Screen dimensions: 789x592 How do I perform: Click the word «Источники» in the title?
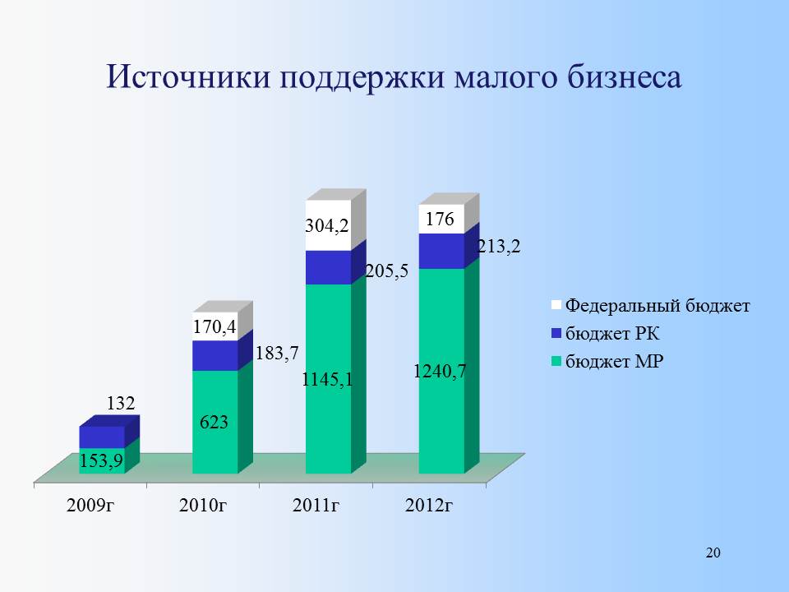point(188,77)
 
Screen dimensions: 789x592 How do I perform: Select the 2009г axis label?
point(90,505)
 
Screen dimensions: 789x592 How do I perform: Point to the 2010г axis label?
point(203,505)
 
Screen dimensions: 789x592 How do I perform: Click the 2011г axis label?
point(316,505)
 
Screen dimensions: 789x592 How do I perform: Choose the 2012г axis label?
point(429,505)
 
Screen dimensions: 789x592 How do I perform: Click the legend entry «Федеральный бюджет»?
point(651,306)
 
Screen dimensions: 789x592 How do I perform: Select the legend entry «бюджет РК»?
point(606,333)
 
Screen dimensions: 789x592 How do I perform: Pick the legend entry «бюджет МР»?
point(607,361)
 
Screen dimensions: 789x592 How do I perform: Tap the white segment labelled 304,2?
point(329,225)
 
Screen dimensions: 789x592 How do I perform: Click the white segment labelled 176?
point(441,219)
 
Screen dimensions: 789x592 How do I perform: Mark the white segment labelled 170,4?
point(215,326)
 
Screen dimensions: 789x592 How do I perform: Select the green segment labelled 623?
point(215,422)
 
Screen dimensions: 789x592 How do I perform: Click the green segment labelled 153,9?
point(102,460)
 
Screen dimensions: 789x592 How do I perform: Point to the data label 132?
point(121,403)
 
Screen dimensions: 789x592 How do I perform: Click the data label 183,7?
point(277,353)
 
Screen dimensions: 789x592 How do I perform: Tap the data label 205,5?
point(386,271)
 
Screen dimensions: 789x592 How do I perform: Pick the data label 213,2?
point(499,246)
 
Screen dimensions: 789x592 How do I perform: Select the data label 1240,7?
point(441,372)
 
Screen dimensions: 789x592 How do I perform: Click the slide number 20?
point(713,553)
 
